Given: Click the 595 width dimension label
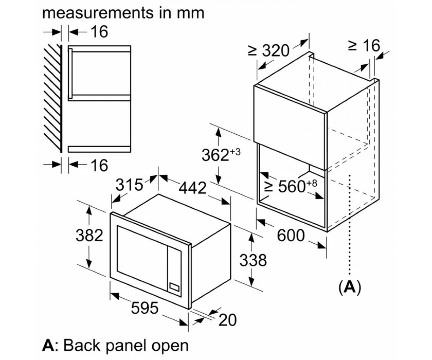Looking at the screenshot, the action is click(x=145, y=308).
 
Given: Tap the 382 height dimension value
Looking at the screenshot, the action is click(x=89, y=235).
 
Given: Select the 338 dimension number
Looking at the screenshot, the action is click(x=253, y=261).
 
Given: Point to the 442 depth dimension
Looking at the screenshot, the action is click(x=193, y=188).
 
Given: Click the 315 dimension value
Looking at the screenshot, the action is click(x=129, y=185).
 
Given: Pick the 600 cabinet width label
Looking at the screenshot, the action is click(x=291, y=235).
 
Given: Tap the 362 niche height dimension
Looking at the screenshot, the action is click(x=215, y=155).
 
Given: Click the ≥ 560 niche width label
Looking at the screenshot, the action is click(x=291, y=186).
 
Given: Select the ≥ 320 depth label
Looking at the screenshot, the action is click(x=268, y=50).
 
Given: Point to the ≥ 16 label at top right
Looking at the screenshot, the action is click(x=364, y=45).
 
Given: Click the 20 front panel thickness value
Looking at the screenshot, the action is click(x=228, y=320).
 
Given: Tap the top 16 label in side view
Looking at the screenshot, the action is click(x=99, y=32).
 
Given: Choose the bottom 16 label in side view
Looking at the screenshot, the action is click(x=99, y=165).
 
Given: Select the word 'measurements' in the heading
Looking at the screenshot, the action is click(x=98, y=13).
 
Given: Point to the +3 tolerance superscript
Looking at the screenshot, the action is click(x=235, y=152).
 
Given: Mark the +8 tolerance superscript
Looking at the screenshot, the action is click(x=311, y=183).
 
